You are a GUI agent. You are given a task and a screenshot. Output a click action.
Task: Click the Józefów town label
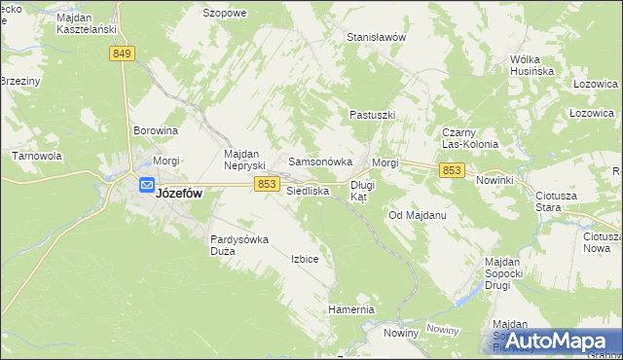(179, 194)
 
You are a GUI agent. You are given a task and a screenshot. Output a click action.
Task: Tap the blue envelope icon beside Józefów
(145, 185)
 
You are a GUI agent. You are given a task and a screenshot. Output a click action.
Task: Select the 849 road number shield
(122, 54)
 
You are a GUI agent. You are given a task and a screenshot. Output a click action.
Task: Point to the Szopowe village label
(224, 13)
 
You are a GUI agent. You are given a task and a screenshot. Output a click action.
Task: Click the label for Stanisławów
(376, 37)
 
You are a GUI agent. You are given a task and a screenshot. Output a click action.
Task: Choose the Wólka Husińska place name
(531, 65)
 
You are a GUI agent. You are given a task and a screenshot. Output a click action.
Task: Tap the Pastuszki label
(373, 115)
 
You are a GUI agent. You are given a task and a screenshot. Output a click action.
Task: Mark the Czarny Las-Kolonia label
(470, 138)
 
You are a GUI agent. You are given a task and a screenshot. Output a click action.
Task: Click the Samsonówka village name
(313, 162)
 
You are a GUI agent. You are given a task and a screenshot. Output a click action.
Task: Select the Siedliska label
(308, 192)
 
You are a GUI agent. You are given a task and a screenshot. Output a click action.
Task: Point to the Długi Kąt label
(362, 190)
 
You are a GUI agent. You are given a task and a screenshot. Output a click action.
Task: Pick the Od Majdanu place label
(418, 214)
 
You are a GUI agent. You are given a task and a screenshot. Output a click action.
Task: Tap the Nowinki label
(495, 181)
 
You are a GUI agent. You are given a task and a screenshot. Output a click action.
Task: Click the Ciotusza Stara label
(557, 201)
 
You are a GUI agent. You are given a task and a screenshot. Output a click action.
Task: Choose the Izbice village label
(305, 259)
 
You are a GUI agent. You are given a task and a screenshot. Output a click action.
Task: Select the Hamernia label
(350, 309)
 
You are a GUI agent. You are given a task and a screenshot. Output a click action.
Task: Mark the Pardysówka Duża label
(240, 245)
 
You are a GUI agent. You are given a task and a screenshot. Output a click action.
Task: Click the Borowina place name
(156, 129)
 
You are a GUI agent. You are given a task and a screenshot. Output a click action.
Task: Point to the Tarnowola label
(37, 156)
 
